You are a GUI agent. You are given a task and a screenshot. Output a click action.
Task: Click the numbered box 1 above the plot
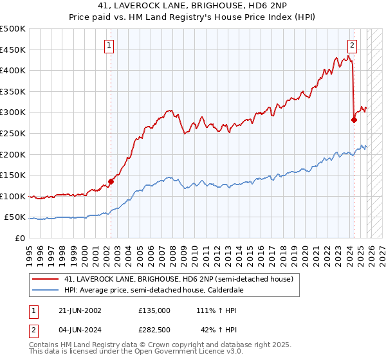pos(110,45)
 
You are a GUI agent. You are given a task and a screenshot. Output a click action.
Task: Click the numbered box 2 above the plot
pos(353,45)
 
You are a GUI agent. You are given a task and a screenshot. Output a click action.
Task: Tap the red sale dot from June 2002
pos(111,181)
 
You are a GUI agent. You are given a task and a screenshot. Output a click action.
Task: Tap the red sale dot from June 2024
pos(354,120)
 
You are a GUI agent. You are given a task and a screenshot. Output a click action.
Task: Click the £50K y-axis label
pos(15,217)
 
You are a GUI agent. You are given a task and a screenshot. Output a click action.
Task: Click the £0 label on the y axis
pos(21,239)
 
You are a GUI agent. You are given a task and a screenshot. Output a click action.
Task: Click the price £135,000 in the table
pos(154,310)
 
